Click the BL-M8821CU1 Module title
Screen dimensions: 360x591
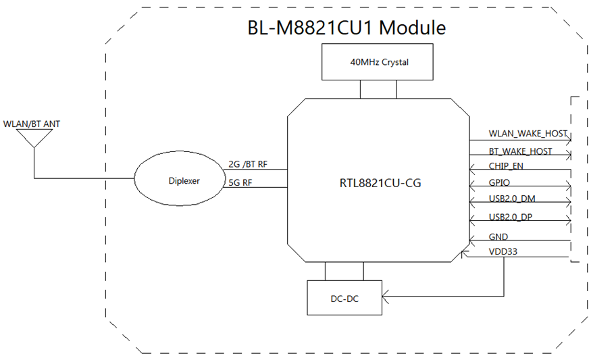tap(347, 28)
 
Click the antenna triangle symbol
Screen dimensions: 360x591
tap(34, 138)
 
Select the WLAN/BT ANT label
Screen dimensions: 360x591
tap(32, 124)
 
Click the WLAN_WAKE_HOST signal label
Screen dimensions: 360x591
tap(528, 134)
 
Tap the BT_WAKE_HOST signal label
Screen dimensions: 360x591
tap(520, 151)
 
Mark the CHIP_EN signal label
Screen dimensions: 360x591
tap(506, 165)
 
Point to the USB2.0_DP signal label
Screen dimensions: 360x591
tap(511, 217)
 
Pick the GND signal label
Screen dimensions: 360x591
tap(498, 236)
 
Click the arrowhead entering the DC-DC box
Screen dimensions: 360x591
tap(384, 296)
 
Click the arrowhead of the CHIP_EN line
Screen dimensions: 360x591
tap(472, 170)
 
